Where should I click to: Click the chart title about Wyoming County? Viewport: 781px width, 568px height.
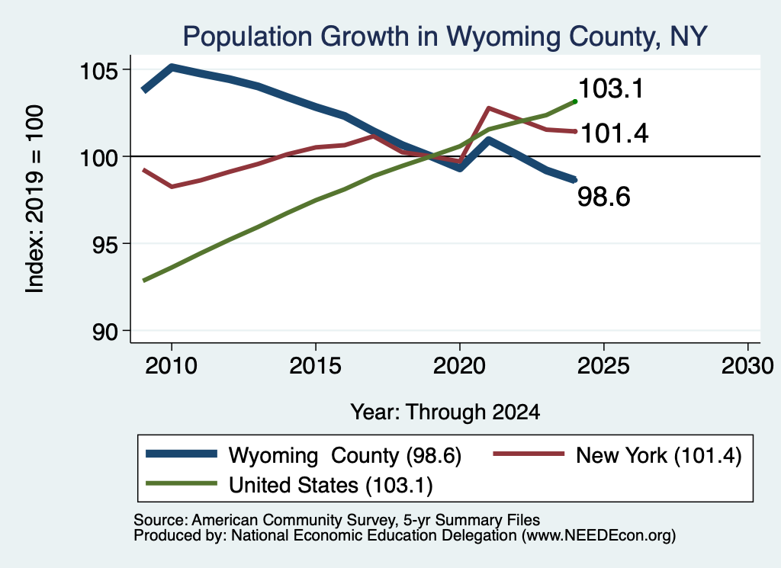pos(445,37)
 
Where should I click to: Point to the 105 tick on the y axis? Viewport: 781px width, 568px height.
pos(98,71)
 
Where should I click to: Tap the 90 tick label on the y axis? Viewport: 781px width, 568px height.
pos(105,332)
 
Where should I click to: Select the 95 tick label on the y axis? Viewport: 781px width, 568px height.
pos(105,245)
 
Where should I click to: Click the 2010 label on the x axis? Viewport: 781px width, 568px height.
pos(172,367)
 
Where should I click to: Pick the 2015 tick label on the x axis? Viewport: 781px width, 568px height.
pos(315,367)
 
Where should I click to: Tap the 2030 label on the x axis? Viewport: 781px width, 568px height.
pos(747,367)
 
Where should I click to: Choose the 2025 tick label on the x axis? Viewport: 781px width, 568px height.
pos(603,367)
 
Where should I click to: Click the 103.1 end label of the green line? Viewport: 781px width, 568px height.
pos(611,89)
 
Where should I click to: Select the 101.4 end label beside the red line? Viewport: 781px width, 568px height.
pos(615,134)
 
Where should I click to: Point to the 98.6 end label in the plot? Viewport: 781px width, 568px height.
pos(604,197)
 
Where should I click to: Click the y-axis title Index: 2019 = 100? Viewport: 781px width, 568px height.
pos(35,199)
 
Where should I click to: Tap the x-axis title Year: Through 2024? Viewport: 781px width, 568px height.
pos(445,412)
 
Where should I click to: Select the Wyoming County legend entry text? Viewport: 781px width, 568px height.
pos(346,455)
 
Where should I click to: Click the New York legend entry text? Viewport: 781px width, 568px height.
pos(659,455)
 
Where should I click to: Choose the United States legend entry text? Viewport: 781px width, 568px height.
pos(331,486)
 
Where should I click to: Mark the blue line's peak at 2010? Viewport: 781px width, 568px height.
pos(172,66)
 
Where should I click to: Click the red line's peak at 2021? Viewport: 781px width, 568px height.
pos(489,108)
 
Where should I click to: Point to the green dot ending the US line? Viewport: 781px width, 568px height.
pos(575,101)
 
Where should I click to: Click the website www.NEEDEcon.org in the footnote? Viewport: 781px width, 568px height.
pos(596,536)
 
